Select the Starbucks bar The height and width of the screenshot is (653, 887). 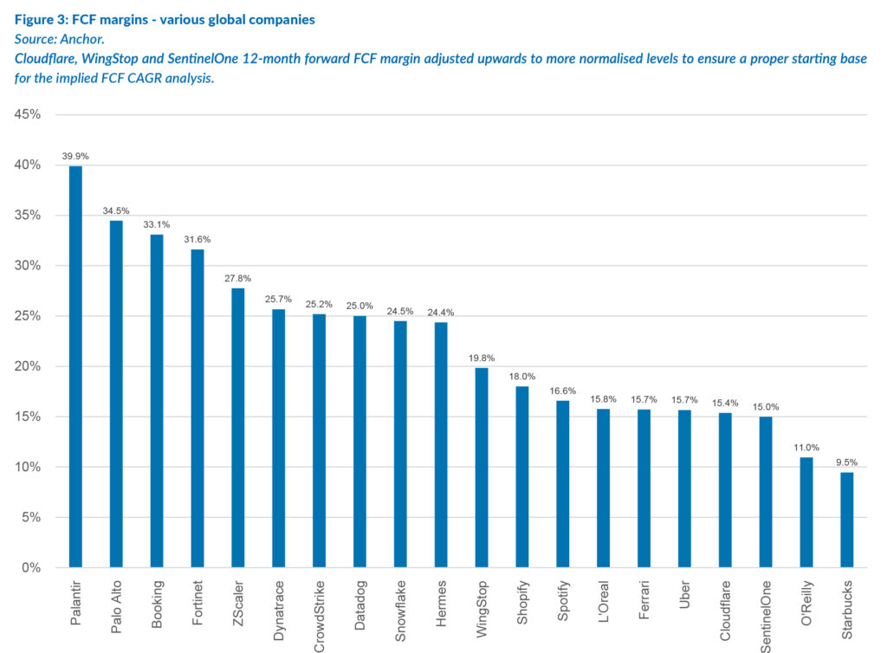[x=846, y=520]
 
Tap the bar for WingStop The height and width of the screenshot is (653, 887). [x=481, y=468]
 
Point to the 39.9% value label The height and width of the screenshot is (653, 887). [x=75, y=157]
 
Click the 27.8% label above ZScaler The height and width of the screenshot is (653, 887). [x=237, y=279]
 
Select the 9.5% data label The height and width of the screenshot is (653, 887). [x=846, y=462]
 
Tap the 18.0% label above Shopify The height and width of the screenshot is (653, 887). [x=521, y=377]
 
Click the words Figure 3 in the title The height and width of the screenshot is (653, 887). [x=42, y=18]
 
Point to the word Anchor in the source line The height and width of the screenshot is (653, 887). [x=84, y=38]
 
